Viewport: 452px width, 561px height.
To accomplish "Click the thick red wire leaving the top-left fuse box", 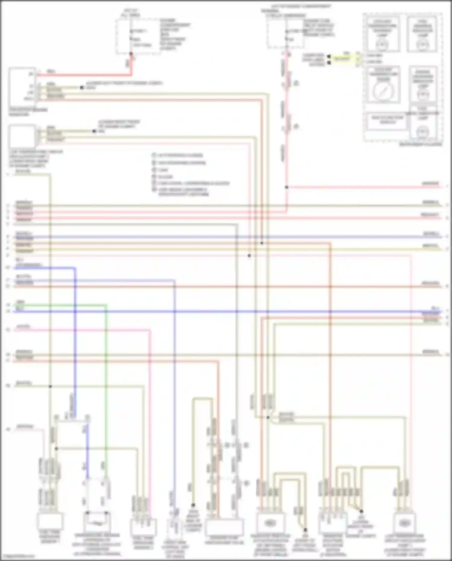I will point(90,74).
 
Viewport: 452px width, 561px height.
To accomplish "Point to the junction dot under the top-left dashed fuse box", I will point(131,54).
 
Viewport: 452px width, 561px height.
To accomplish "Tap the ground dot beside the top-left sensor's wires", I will point(82,88).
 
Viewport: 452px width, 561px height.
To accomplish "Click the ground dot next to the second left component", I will point(94,131).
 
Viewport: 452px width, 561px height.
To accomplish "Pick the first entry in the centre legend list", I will point(178,155).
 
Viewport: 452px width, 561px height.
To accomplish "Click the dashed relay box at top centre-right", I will point(285,34).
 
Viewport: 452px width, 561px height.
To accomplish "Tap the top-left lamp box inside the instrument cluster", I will point(383,34).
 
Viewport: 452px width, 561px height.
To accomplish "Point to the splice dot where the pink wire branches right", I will point(287,187).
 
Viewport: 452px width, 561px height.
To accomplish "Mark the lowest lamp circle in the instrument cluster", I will point(422,132).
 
